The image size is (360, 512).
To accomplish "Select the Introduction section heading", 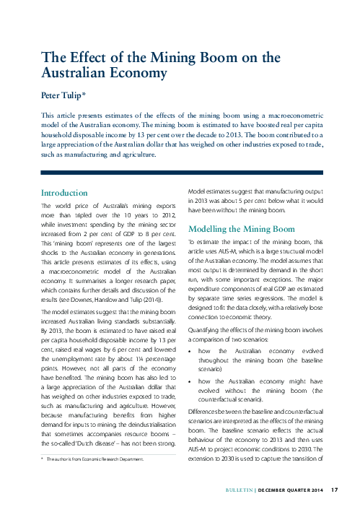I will [x=64, y=194].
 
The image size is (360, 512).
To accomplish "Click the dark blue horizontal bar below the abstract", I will [x=180, y=173].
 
